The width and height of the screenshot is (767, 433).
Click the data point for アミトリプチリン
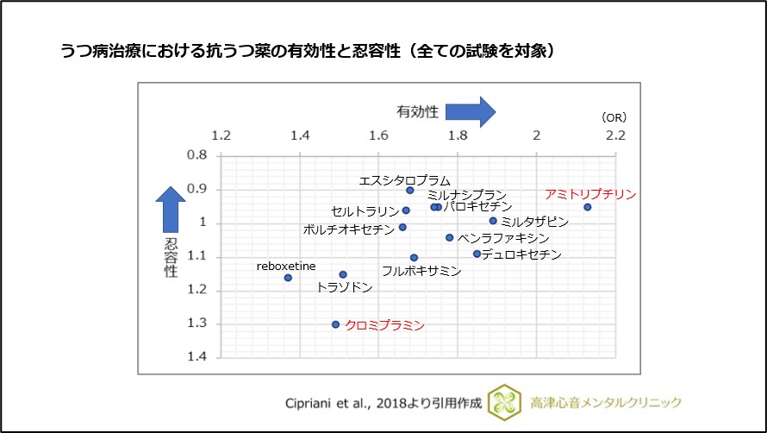click(587, 207)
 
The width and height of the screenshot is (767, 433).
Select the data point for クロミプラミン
click(335, 324)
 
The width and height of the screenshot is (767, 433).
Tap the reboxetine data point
click(288, 278)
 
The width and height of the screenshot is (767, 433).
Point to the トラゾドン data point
click(343, 274)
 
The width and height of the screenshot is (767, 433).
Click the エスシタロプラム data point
click(410, 191)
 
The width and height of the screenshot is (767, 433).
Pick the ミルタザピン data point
click(493, 221)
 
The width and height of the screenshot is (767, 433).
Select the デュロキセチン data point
click(477, 254)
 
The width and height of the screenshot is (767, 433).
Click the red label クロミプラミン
click(384, 325)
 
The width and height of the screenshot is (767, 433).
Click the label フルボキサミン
click(421, 271)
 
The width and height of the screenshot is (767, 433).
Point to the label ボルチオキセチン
click(348, 229)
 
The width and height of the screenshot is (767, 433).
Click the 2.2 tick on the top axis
click(615, 136)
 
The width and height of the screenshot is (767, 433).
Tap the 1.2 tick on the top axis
click(221, 136)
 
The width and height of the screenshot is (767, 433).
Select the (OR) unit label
click(614, 117)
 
